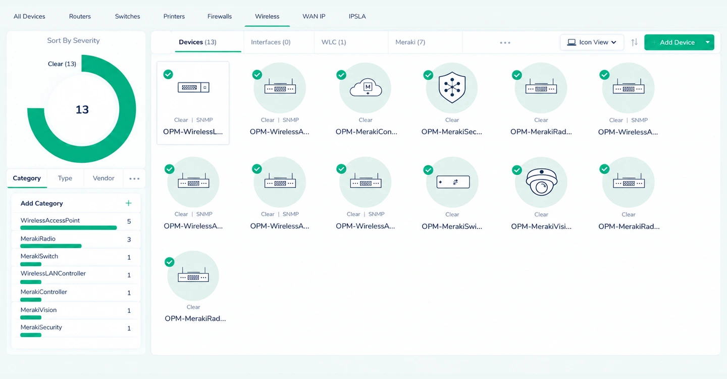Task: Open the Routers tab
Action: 80,16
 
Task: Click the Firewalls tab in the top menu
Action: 220,16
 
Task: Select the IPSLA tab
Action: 357,16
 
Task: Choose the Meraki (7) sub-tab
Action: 410,42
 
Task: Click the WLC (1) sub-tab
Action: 334,42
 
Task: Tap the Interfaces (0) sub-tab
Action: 271,42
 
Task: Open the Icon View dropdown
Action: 592,42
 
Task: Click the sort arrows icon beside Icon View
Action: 634,42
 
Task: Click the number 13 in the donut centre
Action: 82,110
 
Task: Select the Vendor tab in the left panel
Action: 103,178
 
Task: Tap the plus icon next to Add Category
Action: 129,203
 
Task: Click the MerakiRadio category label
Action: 38,239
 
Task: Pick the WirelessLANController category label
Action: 53,273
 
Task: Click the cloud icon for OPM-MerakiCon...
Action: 366,87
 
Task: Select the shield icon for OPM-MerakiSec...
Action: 452,88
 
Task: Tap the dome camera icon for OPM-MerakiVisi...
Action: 541,182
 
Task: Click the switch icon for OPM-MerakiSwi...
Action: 453,182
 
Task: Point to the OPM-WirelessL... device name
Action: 193,132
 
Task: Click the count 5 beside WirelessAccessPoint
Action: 129,221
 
